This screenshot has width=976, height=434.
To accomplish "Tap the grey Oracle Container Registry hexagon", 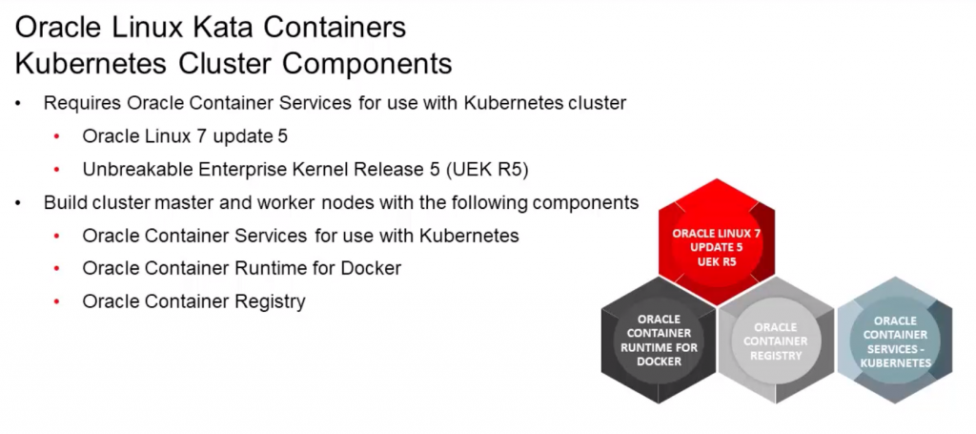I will [775, 341].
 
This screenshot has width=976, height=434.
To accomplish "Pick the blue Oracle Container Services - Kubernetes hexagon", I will [894, 341].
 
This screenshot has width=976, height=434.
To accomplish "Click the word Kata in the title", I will [251, 28].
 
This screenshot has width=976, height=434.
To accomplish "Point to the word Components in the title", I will [371, 64].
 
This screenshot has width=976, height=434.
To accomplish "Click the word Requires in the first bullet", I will [82, 103].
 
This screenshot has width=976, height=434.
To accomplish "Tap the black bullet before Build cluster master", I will [18, 203].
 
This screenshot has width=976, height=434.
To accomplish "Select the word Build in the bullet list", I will [65, 202].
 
